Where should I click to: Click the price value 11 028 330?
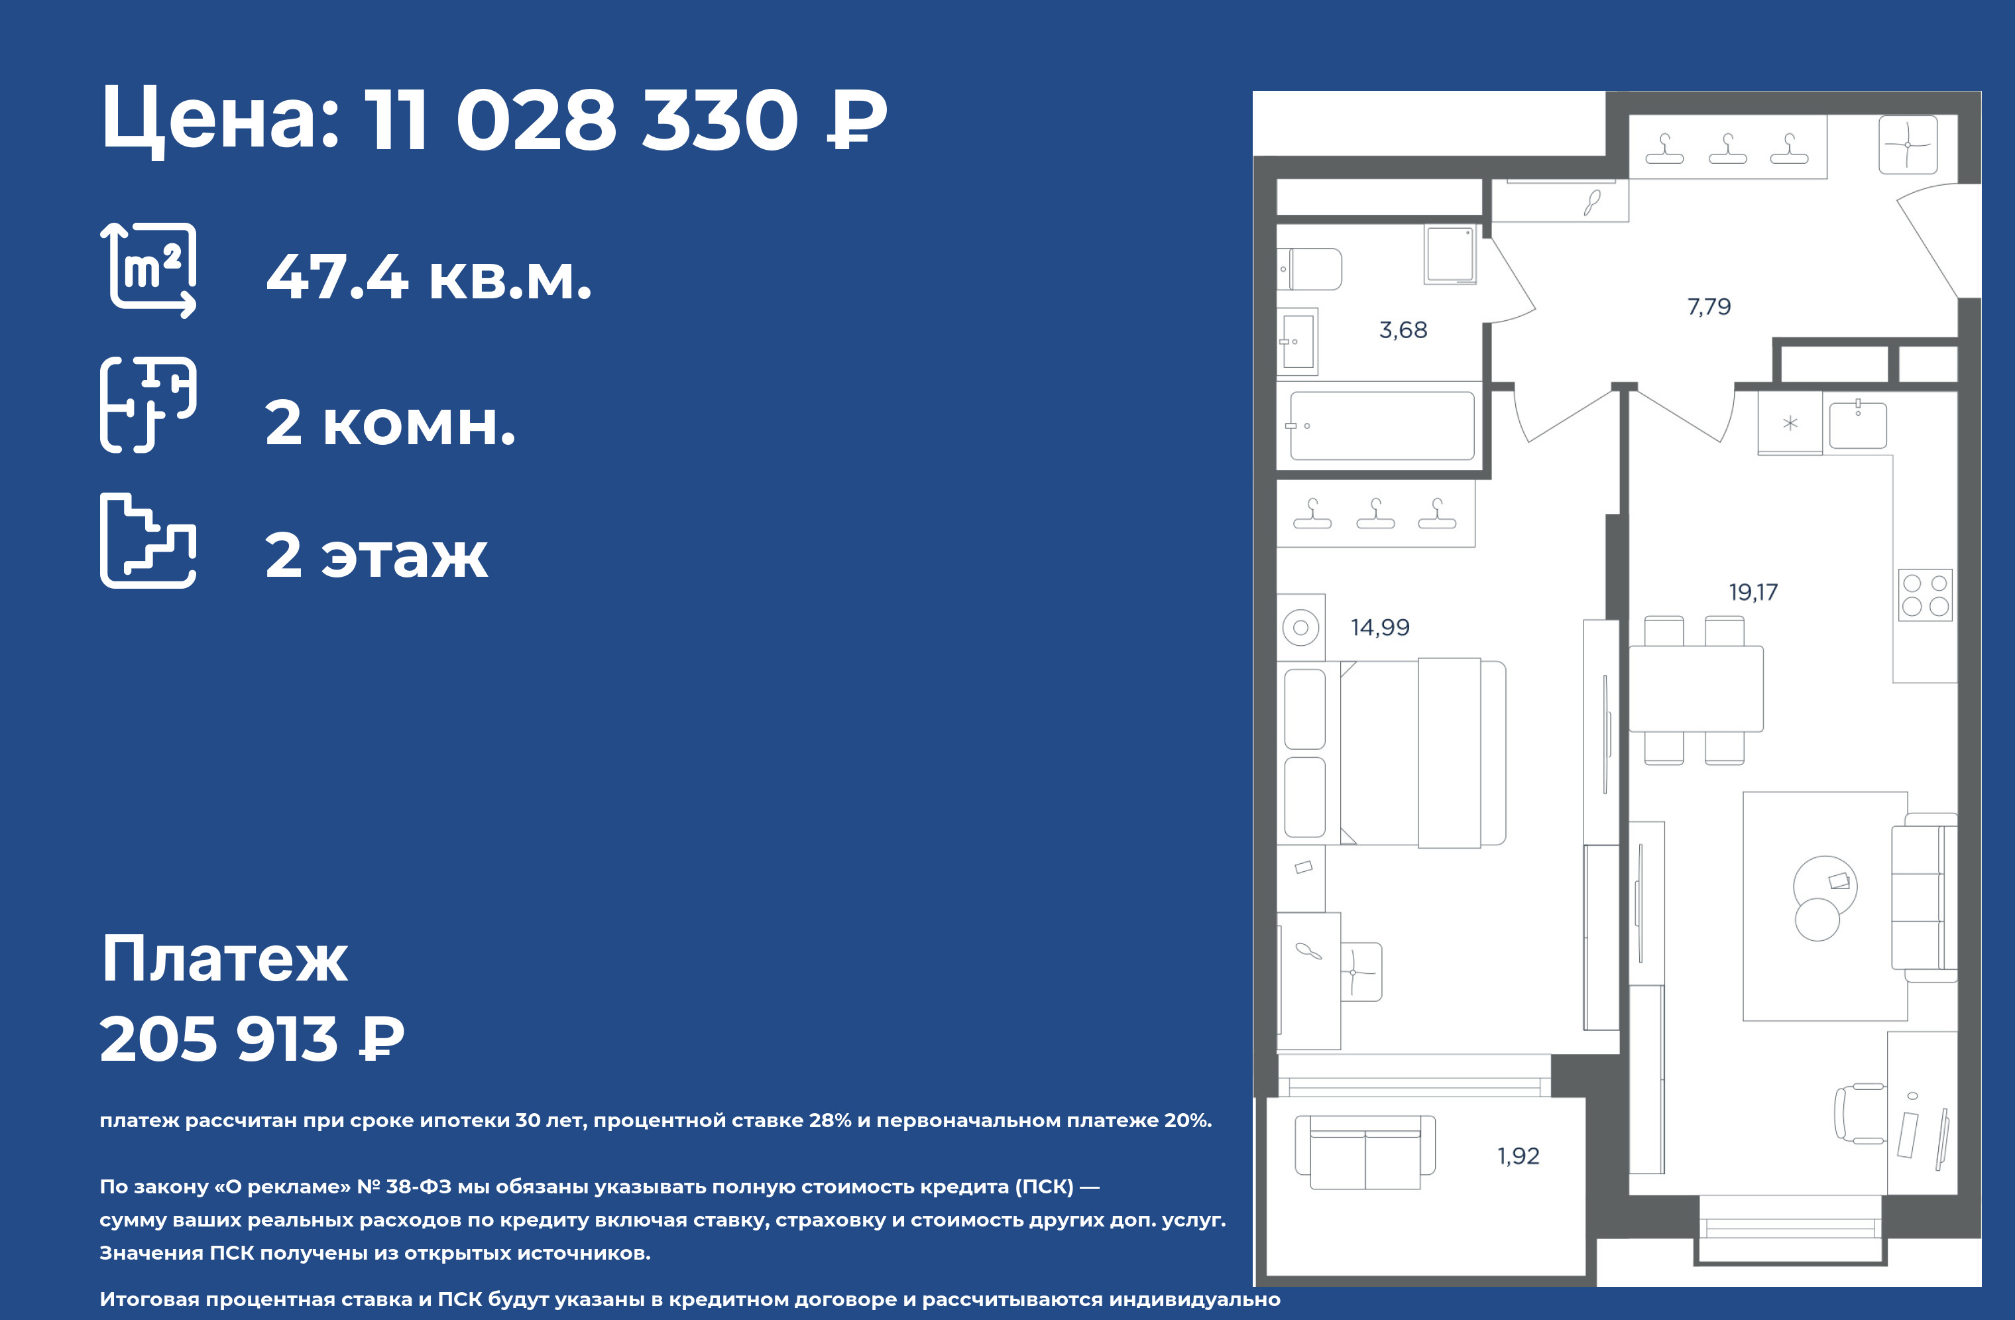coord(582,119)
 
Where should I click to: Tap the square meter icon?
coord(148,269)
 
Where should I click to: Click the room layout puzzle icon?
coord(148,404)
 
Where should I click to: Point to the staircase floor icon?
coord(148,540)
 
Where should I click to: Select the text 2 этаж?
coord(376,556)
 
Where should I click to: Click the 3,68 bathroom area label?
coord(1403,330)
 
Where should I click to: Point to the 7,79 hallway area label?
coord(1709,306)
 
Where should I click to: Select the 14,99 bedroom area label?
coord(1380,627)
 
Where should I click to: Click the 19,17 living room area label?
coord(1753,592)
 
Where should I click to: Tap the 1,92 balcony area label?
coord(1518,1156)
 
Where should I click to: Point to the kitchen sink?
coord(1857,425)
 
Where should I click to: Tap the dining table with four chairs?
coord(1696,690)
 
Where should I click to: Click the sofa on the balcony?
coord(1365,1152)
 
